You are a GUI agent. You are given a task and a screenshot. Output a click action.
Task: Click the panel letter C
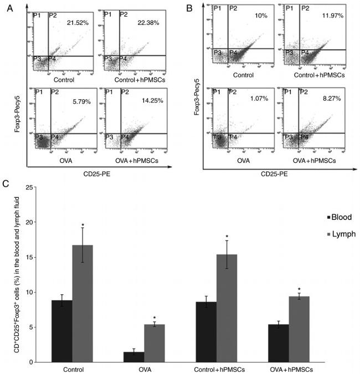(5, 182)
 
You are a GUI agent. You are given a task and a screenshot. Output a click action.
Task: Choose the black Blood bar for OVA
(133, 357)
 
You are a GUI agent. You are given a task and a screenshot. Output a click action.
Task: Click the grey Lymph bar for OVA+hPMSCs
(298, 329)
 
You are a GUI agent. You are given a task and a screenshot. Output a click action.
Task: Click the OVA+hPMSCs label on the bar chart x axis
(288, 368)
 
